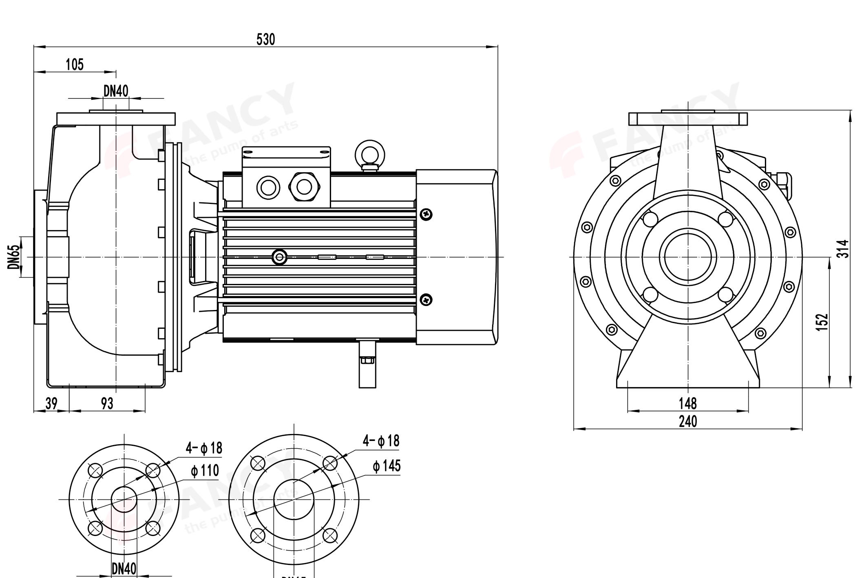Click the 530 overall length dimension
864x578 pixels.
[265, 40]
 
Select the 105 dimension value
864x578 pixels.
[75, 64]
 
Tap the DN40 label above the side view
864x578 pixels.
[116, 91]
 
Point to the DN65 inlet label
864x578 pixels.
[13, 257]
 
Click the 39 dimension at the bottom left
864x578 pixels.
[51, 403]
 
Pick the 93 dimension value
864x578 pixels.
[107, 403]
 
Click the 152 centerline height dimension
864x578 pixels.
[823, 322]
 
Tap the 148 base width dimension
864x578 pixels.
[687, 403]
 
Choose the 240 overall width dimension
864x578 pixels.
[687, 421]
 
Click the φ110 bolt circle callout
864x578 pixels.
[205, 471]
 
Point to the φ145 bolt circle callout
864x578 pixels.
[387, 466]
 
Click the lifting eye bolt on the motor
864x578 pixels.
[369, 154]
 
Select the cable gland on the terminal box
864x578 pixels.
[304, 187]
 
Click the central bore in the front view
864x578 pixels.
[688, 257]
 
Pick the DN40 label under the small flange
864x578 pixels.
[124, 568]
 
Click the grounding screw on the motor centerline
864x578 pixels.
[280, 257]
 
